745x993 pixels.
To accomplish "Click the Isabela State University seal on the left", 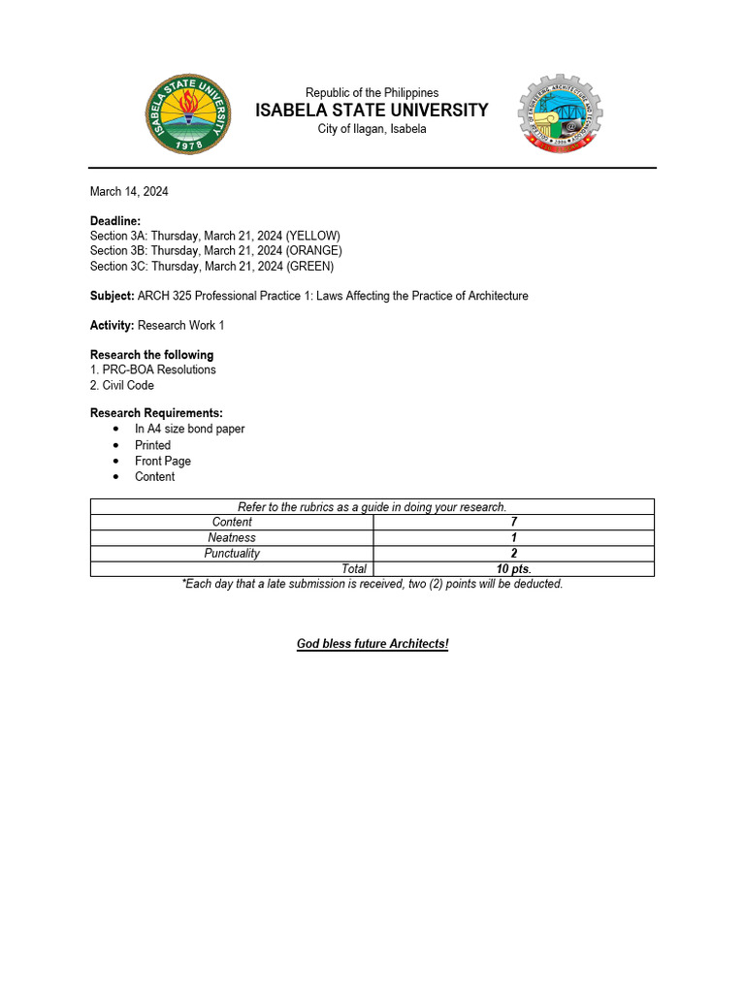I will [189, 114].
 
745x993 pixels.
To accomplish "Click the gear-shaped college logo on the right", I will [560, 113].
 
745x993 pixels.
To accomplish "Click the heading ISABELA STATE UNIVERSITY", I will [372, 111].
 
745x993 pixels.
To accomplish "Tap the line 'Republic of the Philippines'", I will [372, 92].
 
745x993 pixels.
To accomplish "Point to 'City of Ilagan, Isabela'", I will [372, 129].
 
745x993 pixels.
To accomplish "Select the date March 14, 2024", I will [129, 192].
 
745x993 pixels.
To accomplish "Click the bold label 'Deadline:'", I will [115, 221].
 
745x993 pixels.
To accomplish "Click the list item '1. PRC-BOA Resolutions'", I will [153, 370].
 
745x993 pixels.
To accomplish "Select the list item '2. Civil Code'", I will [122, 386].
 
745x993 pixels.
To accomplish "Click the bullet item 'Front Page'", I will [163, 462].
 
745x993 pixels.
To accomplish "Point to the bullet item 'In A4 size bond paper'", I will [189, 430].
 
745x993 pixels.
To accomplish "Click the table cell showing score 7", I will [513, 523].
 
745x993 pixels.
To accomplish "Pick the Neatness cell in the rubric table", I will [232, 538].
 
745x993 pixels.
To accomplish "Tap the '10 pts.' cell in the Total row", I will [513, 569].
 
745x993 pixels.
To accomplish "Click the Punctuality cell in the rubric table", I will [232, 554].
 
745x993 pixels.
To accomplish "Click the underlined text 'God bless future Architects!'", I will [372, 645].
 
